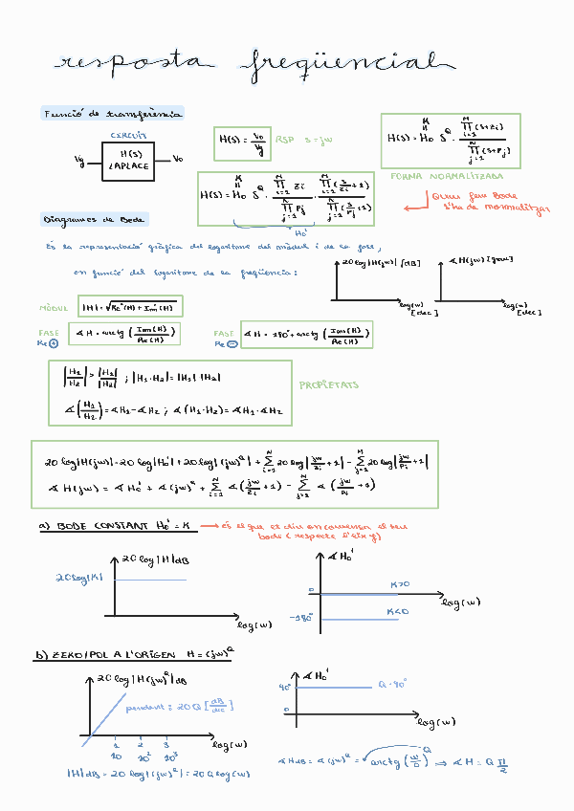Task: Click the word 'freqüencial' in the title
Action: pyautogui.click(x=348, y=64)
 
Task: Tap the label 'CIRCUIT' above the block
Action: pyautogui.click(x=127, y=135)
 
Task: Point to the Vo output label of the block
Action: pyautogui.click(x=178, y=159)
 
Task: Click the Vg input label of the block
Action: pyautogui.click(x=79, y=161)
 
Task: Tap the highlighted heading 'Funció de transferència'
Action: pyautogui.click(x=113, y=114)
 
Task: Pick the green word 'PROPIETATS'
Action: pyautogui.click(x=329, y=384)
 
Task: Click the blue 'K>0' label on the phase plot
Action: pyautogui.click(x=399, y=584)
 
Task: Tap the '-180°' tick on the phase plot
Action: pyautogui.click(x=305, y=617)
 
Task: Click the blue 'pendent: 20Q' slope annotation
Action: pyautogui.click(x=190, y=707)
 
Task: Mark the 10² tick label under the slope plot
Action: pyautogui.click(x=141, y=756)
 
